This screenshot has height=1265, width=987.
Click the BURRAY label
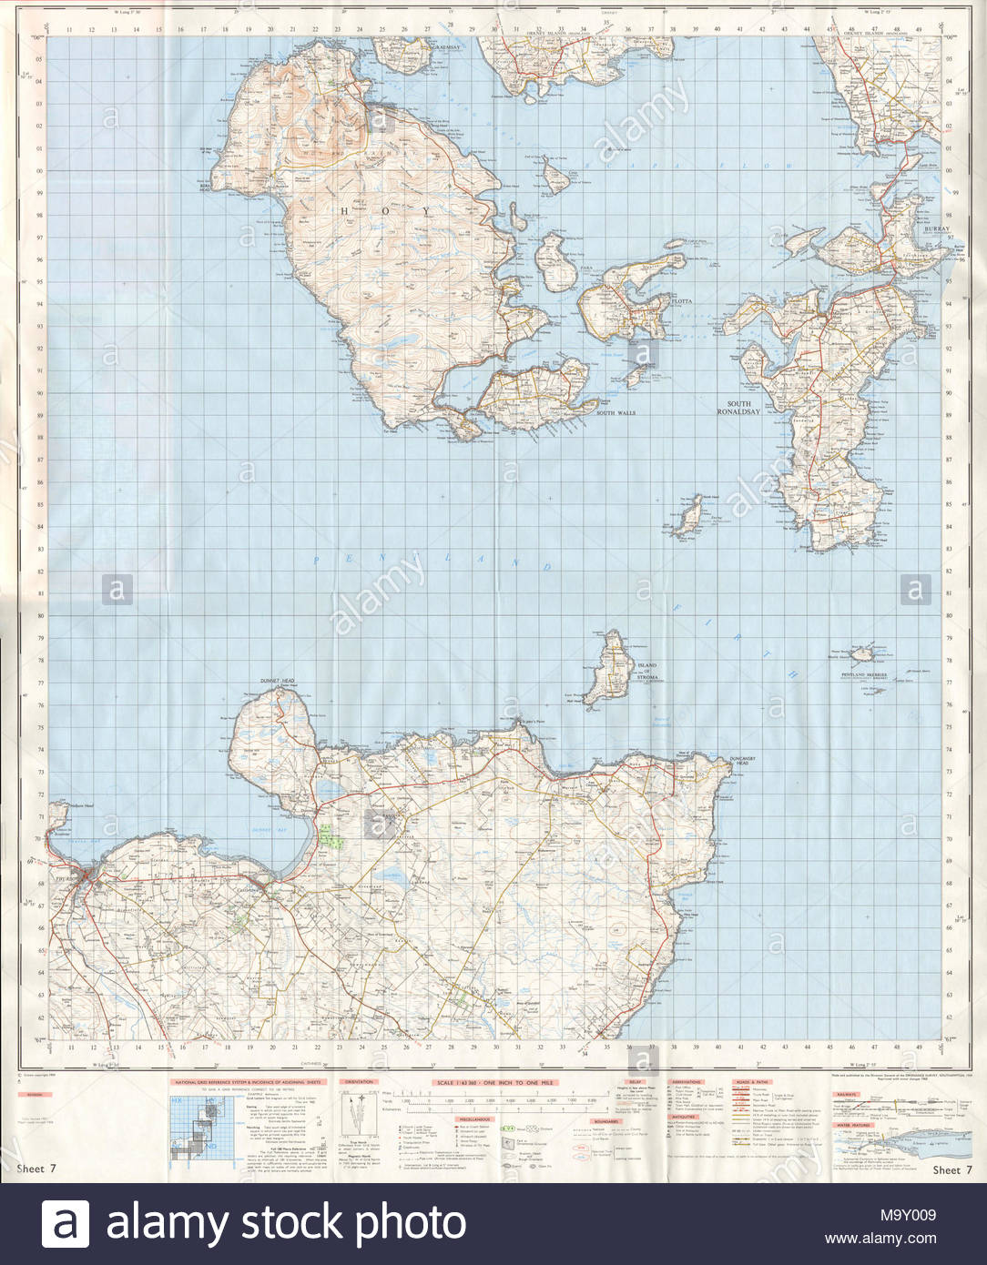(935, 229)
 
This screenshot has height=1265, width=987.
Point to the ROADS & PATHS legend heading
(752, 1082)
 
